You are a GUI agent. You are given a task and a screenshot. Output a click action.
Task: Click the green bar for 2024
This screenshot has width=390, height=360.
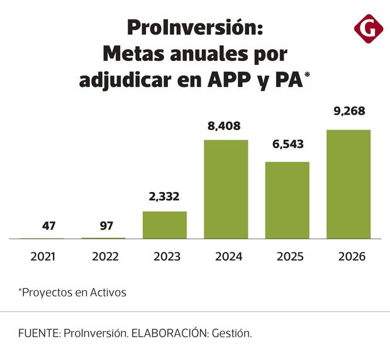(x=226, y=189)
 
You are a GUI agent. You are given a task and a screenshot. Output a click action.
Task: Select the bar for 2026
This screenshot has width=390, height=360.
(x=348, y=184)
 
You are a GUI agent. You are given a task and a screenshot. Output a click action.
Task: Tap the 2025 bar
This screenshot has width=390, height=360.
(x=287, y=200)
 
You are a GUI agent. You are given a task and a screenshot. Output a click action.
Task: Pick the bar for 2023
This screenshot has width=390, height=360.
(x=165, y=225)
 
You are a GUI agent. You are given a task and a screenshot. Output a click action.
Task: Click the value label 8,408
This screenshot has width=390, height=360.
(x=225, y=126)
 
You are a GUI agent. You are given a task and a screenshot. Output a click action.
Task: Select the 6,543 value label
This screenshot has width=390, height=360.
(x=287, y=144)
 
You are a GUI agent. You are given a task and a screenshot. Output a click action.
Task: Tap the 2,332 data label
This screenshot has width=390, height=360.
(x=164, y=196)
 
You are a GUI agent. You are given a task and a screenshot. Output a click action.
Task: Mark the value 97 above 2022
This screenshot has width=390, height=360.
(x=103, y=225)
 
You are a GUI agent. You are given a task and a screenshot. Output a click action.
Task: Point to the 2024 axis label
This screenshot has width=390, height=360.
(x=226, y=257)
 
